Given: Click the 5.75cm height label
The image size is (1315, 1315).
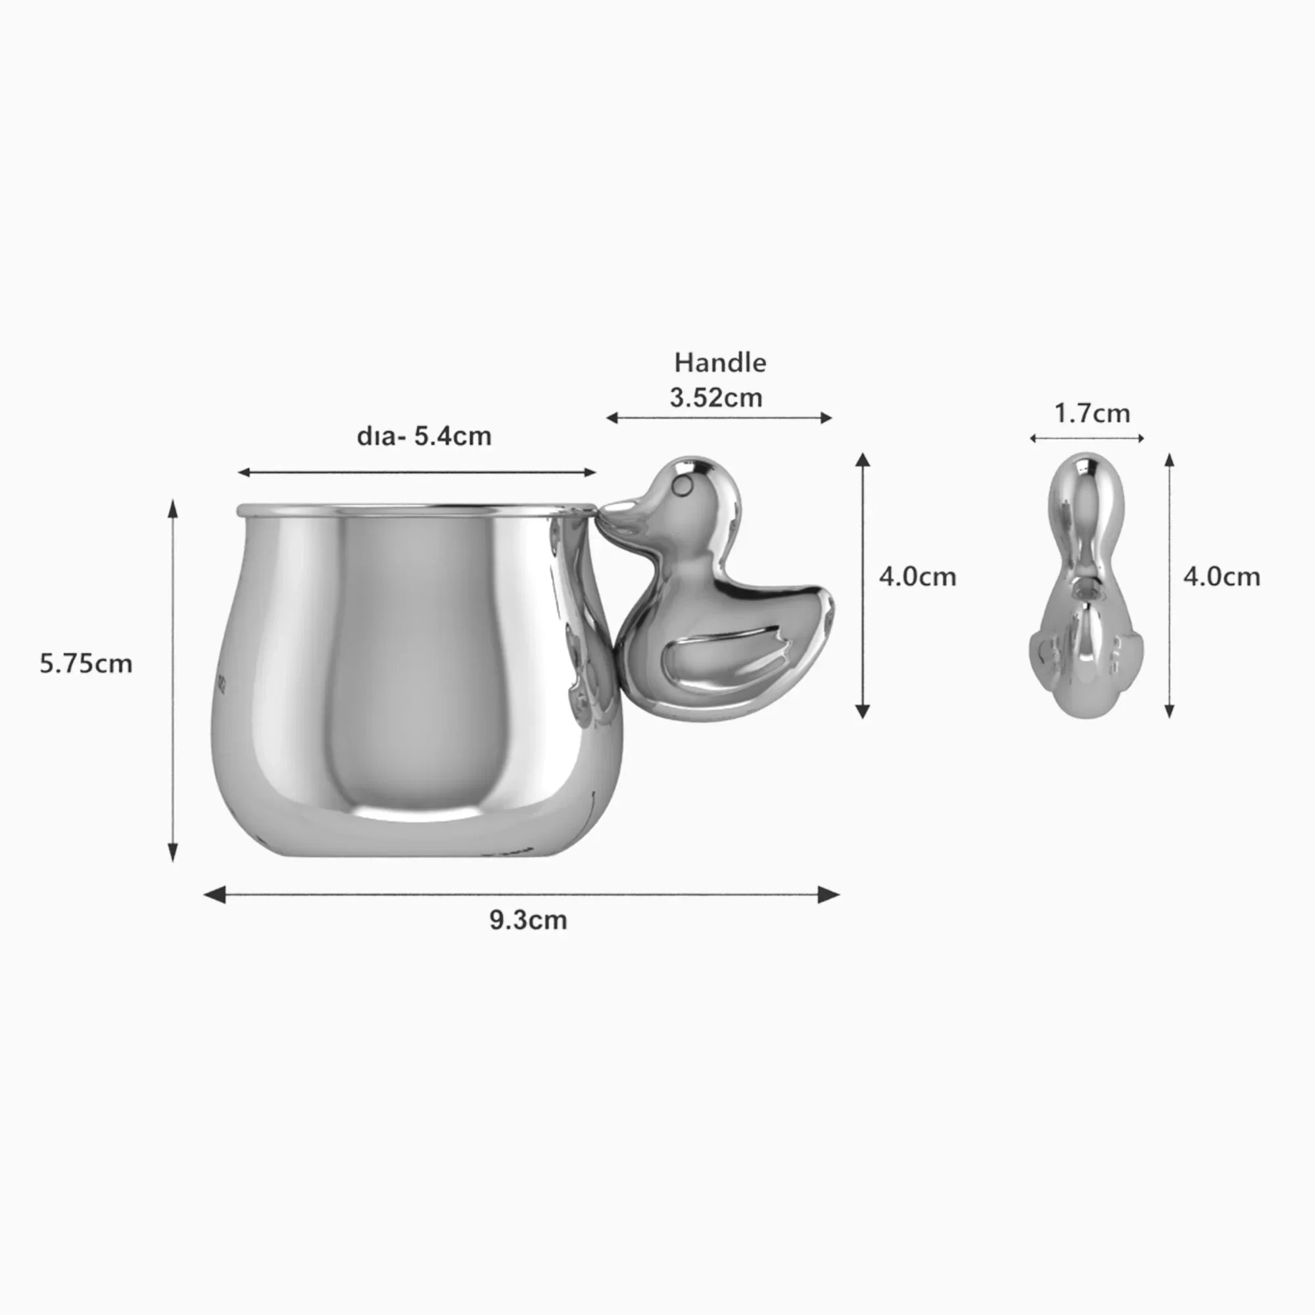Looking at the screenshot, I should point(85,663).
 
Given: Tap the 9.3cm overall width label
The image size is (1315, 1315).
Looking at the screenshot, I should point(528,920).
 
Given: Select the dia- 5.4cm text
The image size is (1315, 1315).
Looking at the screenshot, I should point(424,437).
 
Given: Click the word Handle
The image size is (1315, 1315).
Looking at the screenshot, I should point(720,363).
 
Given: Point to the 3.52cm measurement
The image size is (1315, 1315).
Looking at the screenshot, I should point(716,398).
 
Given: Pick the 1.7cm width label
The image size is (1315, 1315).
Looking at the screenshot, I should point(1091,413).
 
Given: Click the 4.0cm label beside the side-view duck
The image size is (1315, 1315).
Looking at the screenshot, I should point(917,577).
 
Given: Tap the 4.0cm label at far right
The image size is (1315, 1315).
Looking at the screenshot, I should point(1222,577).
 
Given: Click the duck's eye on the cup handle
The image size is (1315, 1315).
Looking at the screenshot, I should point(681,485).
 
